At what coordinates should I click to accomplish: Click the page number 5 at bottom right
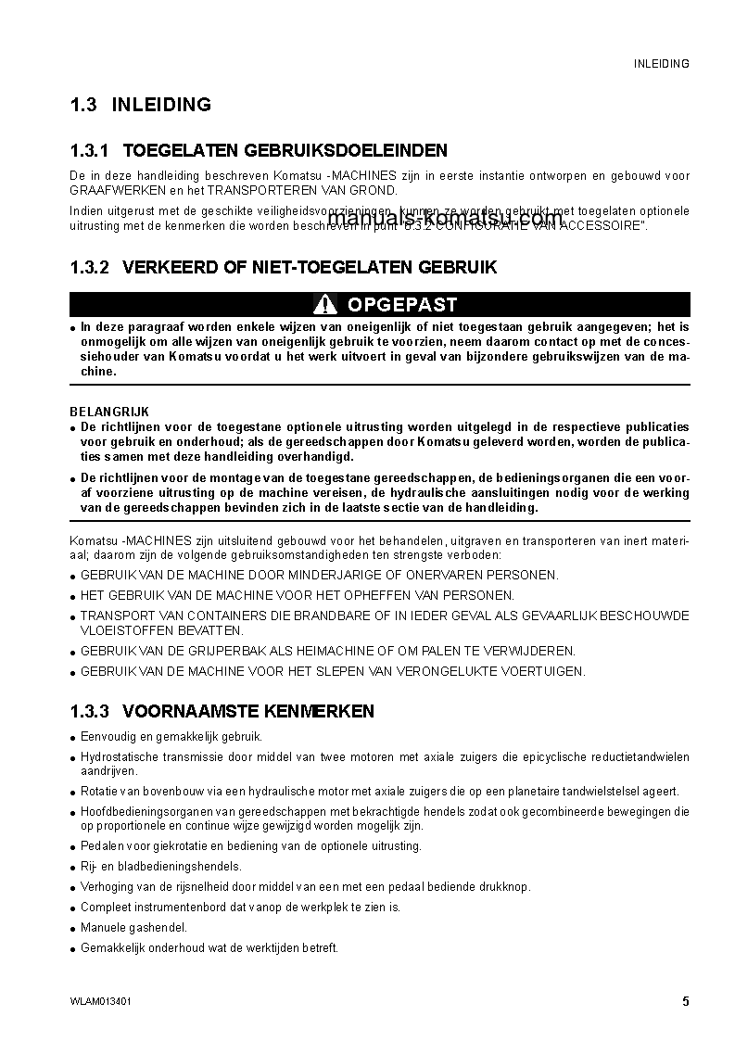tap(685, 1001)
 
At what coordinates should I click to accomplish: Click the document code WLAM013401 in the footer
tap(100, 1002)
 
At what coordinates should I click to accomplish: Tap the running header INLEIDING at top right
tap(661, 64)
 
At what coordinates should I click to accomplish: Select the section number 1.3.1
tap(89, 150)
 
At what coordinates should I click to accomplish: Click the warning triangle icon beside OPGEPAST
tap(324, 304)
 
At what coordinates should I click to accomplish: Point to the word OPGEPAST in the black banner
tap(401, 304)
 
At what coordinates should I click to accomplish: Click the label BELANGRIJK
tap(109, 412)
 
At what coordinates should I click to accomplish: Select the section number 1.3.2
tap(89, 268)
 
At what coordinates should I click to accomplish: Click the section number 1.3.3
tap(89, 712)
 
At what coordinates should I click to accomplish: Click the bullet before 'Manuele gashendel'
tap(73, 929)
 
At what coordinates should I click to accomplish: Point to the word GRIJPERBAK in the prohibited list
tap(225, 651)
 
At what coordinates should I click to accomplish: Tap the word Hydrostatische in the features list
tap(117, 757)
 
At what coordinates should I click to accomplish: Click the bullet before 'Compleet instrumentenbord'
tap(73, 908)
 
